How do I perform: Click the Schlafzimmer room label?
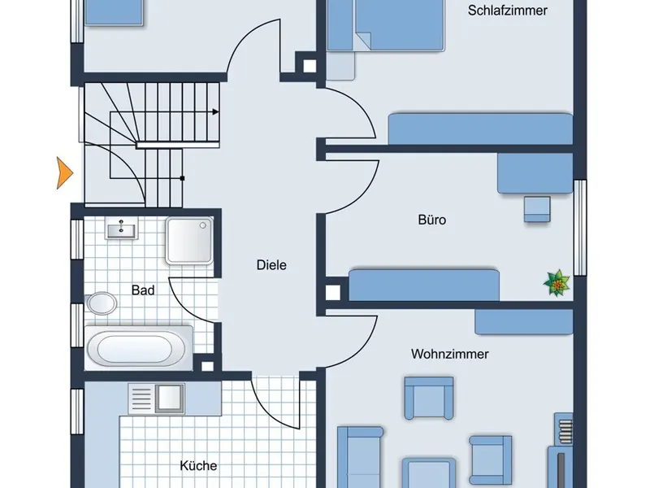pyautogui.click(x=508, y=11)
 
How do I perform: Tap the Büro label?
pyautogui.click(x=432, y=220)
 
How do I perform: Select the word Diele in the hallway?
pyautogui.click(x=271, y=265)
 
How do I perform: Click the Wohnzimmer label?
pyautogui.click(x=449, y=355)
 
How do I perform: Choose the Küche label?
pyautogui.click(x=198, y=466)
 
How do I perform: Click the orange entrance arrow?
pyautogui.click(x=64, y=172)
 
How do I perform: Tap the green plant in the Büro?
pyautogui.click(x=557, y=283)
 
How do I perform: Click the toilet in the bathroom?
pyautogui.click(x=102, y=303)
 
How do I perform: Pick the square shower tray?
pyautogui.click(x=189, y=241)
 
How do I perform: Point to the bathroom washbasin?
pyautogui.click(x=123, y=229)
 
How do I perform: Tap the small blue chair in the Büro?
pyautogui.click(x=537, y=208)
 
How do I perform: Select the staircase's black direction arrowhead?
pyautogui.click(x=216, y=111)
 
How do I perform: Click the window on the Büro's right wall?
pyautogui.click(x=580, y=226)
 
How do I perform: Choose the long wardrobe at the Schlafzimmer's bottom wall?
pyautogui.click(x=479, y=129)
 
